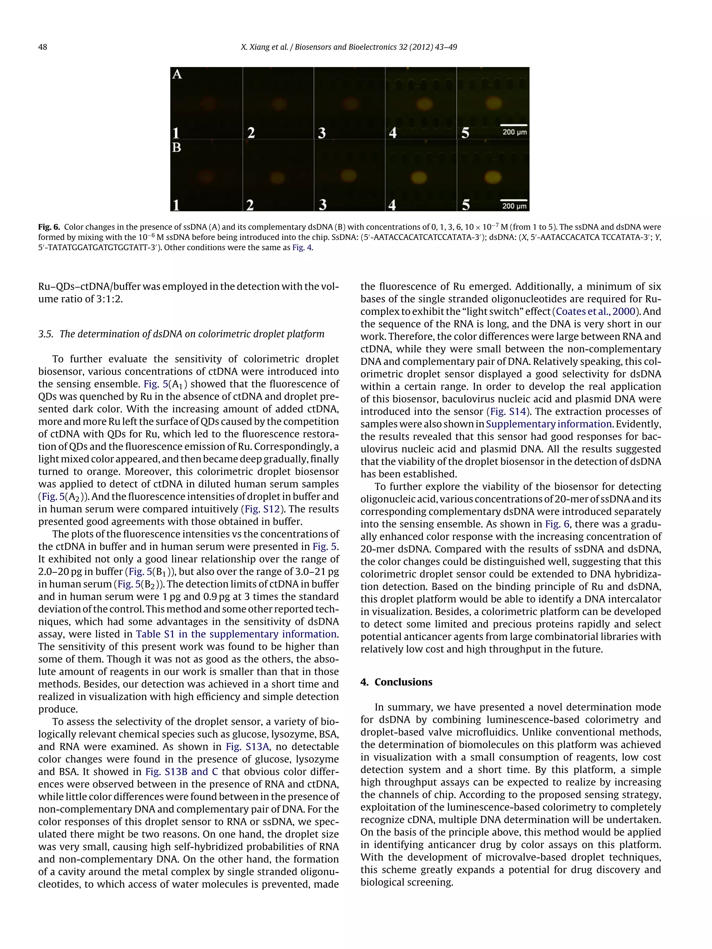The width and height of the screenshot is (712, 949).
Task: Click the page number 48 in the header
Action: point(42,47)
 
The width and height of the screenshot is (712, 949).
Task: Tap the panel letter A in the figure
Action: point(177,75)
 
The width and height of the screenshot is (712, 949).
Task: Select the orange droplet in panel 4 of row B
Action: point(419,177)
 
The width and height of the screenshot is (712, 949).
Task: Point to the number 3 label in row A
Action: point(322,133)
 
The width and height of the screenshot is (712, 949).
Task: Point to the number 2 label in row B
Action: point(250,205)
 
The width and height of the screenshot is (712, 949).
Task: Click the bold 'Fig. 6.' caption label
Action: point(49,227)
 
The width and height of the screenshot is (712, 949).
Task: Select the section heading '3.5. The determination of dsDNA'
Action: point(181,334)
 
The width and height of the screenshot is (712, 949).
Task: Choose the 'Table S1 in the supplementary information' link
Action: point(236,634)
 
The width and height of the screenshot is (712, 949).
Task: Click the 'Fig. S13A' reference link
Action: point(247,746)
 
